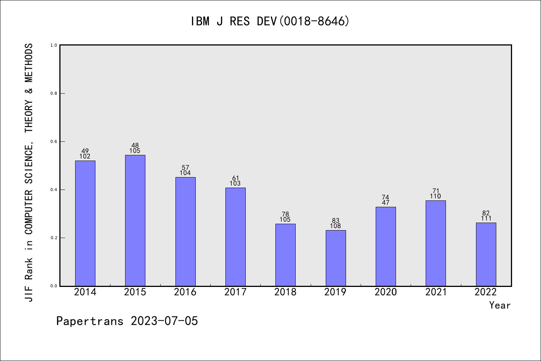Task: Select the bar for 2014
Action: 85,223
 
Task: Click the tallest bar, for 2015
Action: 135,220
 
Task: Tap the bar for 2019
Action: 336,258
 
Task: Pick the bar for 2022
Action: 486,254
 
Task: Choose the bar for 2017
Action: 236,237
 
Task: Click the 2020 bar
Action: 386,246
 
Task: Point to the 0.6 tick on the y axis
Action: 62,141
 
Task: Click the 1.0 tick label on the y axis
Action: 54,45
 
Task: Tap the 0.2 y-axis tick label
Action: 54,238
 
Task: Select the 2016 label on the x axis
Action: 185,292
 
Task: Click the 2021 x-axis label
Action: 436,292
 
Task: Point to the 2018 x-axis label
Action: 285,292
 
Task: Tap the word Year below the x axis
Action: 500,305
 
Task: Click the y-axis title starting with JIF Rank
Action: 29,173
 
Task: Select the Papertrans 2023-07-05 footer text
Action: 127,321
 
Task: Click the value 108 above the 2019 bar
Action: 335,226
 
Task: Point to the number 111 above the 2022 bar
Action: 486,218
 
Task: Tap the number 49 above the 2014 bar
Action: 85,151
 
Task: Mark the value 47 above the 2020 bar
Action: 385,203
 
